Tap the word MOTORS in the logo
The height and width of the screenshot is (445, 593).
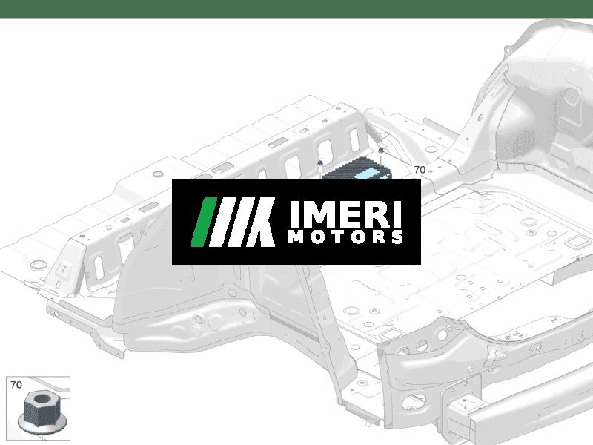tap(345, 237)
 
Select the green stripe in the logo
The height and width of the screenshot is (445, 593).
tap(203, 222)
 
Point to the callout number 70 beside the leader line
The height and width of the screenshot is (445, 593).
tap(420, 170)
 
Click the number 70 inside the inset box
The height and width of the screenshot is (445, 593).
tap(16, 385)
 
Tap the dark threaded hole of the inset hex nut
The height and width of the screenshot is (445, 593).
tap(43, 398)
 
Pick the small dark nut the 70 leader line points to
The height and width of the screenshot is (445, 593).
tap(381, 151)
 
